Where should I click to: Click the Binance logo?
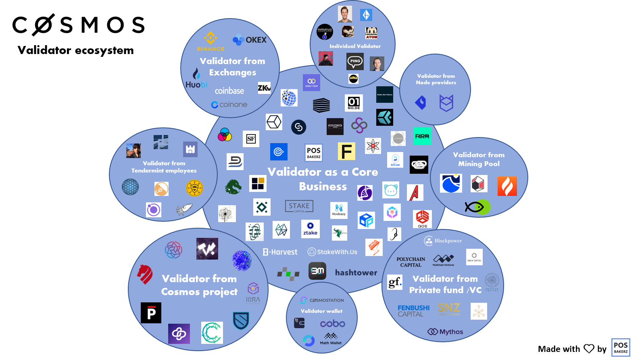(211, 41)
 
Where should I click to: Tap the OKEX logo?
(250, 40)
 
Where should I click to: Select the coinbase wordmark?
(229, 91)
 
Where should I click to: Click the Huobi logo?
(196, 79)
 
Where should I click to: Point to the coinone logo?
(229, 105)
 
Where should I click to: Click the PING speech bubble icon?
(355, 62)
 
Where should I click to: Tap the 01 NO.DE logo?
(354, 103)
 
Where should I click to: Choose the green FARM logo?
(422, 136)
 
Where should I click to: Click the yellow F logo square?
(346, 152)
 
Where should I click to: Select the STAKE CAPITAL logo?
(299, 206)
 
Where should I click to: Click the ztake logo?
(310, 229)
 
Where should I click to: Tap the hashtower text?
(356, 273)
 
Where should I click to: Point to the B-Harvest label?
(280, 252)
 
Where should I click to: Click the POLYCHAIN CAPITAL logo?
(411, 262)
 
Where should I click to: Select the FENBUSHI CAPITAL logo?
(413, 310)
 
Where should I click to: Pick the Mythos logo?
(445, 332)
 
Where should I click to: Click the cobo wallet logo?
(332, 324)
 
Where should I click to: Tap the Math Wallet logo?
(331, 339)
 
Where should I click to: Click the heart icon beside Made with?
(589, 349)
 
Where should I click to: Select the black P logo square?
(151, 313)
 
